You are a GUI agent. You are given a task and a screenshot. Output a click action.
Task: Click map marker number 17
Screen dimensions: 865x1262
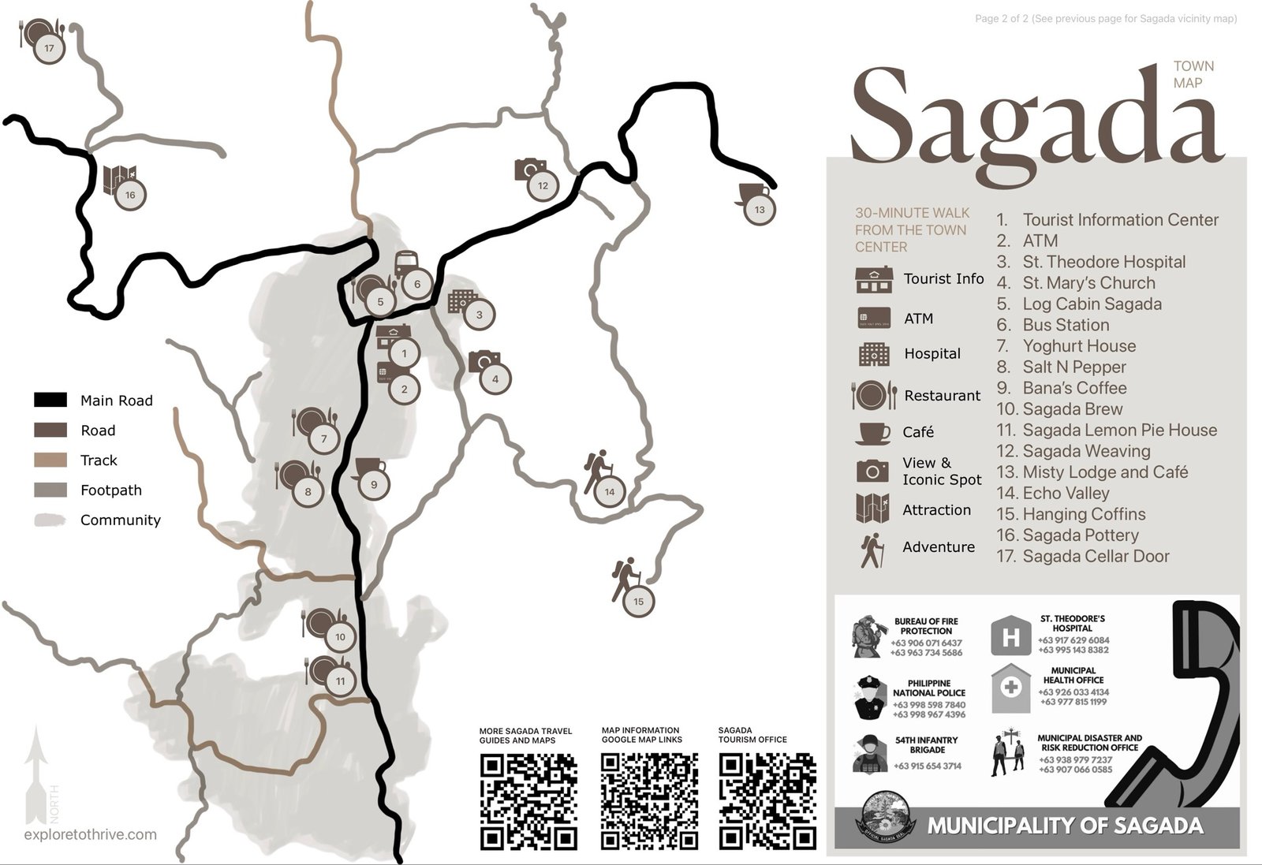[x=49, y=48]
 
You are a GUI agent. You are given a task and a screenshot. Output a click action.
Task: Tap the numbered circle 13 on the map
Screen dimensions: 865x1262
[x=760, y=210]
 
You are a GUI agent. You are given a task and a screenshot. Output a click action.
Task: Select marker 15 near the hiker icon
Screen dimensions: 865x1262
[x=638, y=602]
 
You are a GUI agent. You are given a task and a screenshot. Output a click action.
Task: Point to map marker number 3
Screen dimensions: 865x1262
[x=479, y=315]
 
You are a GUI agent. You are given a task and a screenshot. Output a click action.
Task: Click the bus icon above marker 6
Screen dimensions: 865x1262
[x=405, y=263]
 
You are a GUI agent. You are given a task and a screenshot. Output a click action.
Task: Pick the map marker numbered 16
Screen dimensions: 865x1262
[x=130, y=195]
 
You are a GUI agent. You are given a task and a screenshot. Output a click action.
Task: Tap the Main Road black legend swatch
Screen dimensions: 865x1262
[x=50, y=400]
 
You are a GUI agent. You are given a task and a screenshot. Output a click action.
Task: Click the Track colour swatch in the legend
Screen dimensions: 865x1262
[x=50, y=460]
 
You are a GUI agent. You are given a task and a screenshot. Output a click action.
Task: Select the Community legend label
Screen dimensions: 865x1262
[x=120, y=520]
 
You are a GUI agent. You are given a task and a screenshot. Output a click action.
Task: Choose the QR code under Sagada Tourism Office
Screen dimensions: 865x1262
[x=767, y=800]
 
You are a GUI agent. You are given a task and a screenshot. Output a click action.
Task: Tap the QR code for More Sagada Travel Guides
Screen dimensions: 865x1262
[x=528, y=801]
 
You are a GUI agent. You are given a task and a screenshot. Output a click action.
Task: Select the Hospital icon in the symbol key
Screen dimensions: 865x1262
[x=874, y=354]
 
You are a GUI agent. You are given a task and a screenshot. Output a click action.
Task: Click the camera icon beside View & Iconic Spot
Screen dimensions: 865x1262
[x=872, y=471]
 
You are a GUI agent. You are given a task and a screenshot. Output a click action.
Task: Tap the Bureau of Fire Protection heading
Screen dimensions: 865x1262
[x=926, y=626]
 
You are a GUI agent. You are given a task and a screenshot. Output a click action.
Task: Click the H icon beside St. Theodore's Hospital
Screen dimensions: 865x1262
[x=1010, y=636]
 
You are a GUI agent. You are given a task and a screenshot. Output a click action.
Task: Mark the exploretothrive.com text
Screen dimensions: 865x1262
[x=90, y=834]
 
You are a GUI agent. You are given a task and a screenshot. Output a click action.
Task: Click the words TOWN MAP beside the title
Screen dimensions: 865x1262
[x=1193, y=74]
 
